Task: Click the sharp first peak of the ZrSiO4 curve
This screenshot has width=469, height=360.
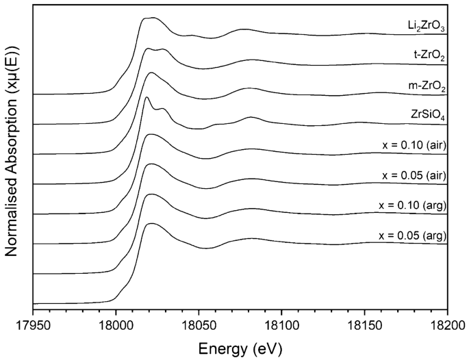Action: click(x=147, y=98)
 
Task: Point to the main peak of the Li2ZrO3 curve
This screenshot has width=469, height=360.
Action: click(x=151, y=18)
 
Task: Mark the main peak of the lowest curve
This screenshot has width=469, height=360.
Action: click(x=152, y=224)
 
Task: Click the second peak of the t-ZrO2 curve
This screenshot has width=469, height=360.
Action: click(x=163, y=50)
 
